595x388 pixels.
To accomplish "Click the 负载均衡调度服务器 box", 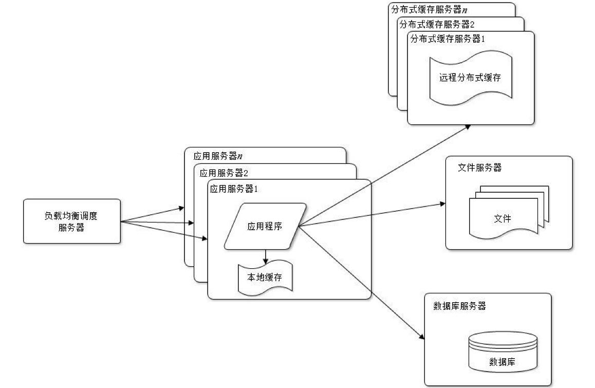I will coord(72,221).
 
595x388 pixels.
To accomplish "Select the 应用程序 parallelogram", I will coord(265,226).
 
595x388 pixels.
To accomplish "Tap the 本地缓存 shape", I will coord(265,278).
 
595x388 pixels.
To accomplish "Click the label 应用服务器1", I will coord(234,189).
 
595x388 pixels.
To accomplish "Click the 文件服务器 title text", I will coord(479,168).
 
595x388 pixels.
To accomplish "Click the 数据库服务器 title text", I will coord(460,306).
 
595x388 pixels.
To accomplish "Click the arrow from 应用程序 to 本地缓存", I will coord(265,256).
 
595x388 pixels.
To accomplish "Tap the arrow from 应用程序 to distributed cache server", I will coord(385,175).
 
